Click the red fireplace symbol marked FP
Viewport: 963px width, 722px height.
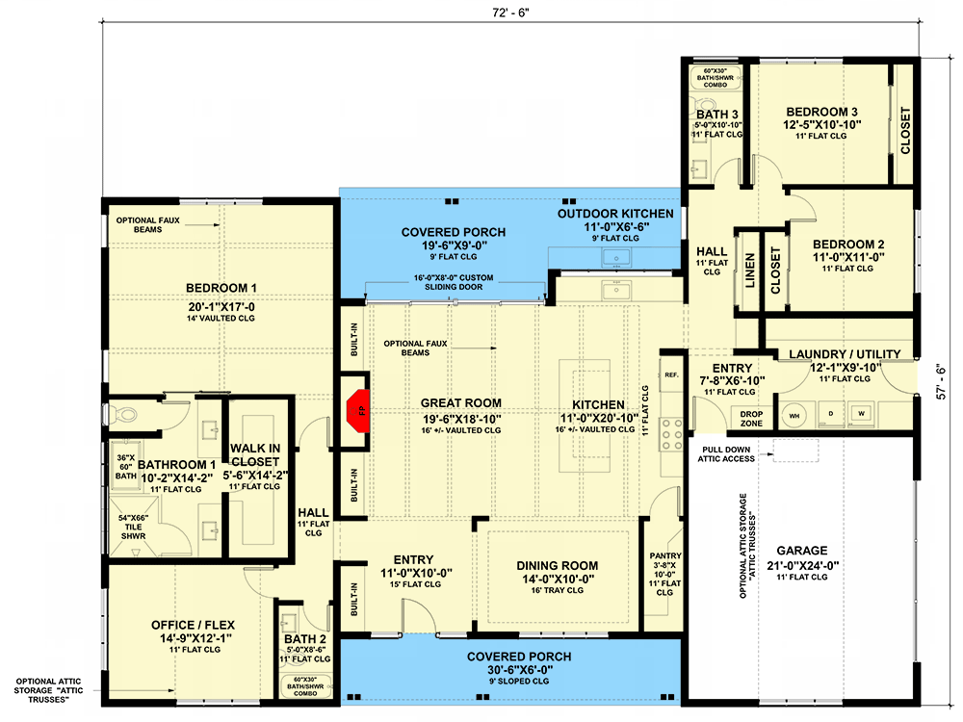pyautogui.click(x=357, y=410)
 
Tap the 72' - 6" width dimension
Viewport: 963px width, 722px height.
pyautogui.click(x=510, y=13)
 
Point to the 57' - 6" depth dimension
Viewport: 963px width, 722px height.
pyautogui.click(x=942, y=382)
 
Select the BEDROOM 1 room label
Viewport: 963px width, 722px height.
pyautogui.click(x=221, y=288)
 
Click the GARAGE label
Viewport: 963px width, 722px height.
pyautogui.click(x=801, y=551)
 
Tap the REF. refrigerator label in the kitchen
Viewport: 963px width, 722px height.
pyautogui.click(x=671, y=374)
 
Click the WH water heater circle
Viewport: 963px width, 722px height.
pyautogui.click(x=794, y=416)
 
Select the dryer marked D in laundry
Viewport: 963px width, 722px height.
pyautogui.click(x=831, y=414)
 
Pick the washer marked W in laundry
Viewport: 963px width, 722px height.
pyautogui.click(x=862, y=414)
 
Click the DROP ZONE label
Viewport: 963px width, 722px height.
pyautogui.click(x=751, y=419)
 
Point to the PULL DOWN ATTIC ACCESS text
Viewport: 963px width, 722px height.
pyautogui.click(x=726, y=454)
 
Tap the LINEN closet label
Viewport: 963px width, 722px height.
pyautogui.click(x=749, y=271)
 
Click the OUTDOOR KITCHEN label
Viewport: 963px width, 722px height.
pyautogui.click(x=615, y=214)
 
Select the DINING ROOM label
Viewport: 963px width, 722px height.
pyautogui.click(x=557, y=566)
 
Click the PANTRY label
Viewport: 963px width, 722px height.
pyautogui.click(x=665, y=555)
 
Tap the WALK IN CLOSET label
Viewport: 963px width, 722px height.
pyautogui.click(x=255, y=455)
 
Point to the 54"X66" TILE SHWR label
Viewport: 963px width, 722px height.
pyautogui.click(x=133, y=527)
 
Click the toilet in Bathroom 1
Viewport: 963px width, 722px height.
pyautogui.click(x=123, y=414)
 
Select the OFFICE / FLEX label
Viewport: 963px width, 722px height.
pyautogui.click(x=193, y=625)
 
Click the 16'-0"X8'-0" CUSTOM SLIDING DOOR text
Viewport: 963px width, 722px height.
pyautogui.click(x=454, y=282)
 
